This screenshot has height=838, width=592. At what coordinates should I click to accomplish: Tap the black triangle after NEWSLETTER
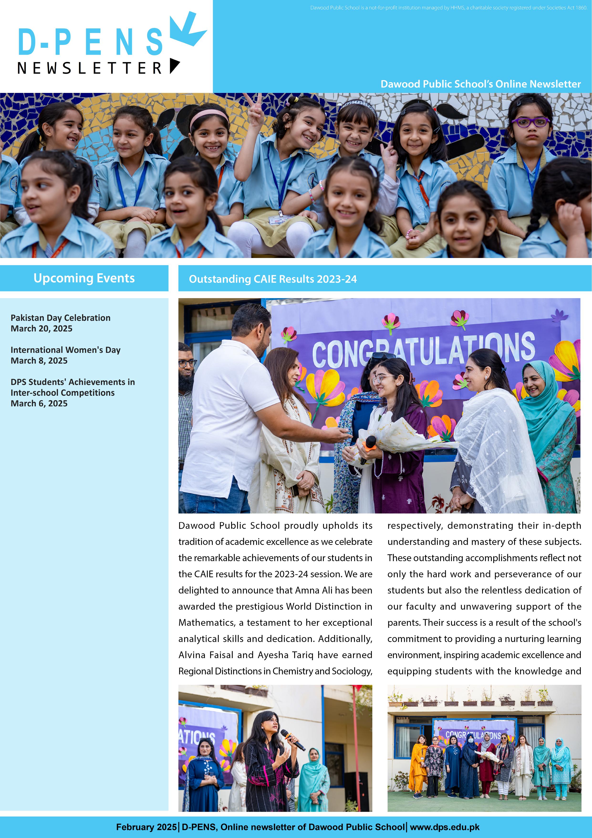174,66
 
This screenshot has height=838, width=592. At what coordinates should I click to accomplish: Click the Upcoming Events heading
84,278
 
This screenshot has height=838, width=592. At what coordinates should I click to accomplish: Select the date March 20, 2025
42,328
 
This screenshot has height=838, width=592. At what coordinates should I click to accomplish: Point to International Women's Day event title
66,350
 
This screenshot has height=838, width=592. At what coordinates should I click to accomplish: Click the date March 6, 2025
39,403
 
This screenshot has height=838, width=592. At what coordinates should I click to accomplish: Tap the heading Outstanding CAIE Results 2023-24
273,279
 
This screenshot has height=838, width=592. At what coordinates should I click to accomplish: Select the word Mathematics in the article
206,623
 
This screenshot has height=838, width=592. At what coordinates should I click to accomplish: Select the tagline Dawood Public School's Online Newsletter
480,84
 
